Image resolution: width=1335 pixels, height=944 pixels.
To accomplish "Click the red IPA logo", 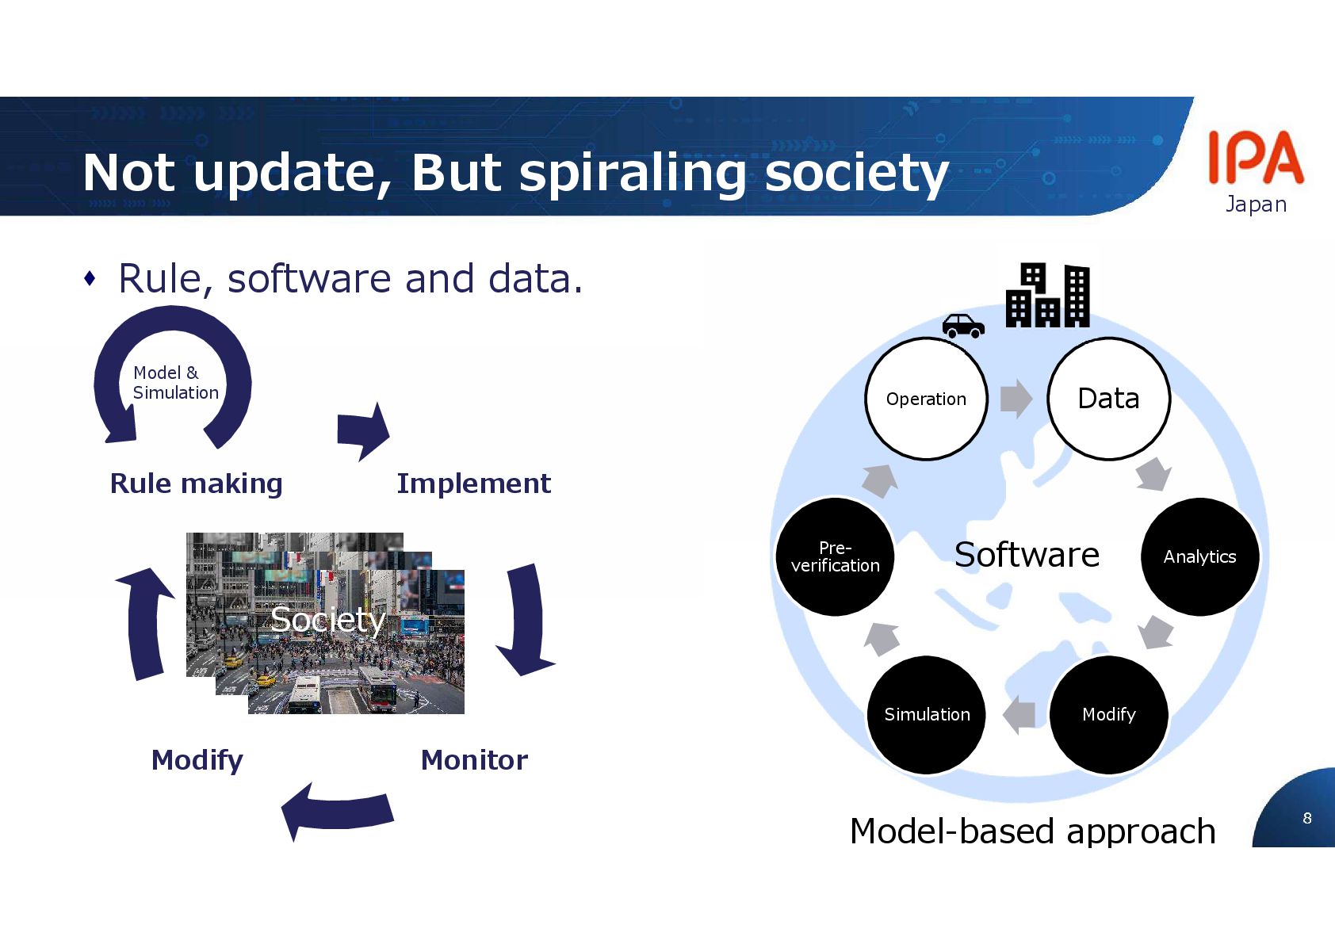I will point(1256,158).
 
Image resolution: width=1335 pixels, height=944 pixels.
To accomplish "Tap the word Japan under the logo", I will point(1256,204).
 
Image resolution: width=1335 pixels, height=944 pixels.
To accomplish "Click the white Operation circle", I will point(926,399).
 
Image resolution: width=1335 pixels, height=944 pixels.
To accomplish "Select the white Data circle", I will point(1108,399).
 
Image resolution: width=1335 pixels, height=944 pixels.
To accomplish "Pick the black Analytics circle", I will point(1199,556).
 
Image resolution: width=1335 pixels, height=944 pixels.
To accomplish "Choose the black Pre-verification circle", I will point(835,556).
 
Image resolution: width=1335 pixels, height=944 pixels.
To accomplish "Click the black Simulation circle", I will point(927,714).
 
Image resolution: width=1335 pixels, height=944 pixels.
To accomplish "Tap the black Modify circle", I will point(1108,714).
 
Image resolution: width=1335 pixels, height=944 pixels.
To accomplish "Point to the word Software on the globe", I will point(1027,555).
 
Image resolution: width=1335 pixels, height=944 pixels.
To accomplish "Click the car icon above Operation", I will point(963,325).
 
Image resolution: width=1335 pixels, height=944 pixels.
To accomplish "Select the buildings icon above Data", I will point(1047,295).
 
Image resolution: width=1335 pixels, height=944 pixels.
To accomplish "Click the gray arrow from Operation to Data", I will point(1016,398).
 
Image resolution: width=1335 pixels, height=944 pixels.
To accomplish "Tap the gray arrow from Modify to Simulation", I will point(1019,714).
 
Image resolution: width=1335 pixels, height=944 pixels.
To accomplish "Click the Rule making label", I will point(196,483).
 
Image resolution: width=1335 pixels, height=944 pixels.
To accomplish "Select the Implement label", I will point(473,483).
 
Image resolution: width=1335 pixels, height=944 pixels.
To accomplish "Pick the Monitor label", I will point(474,760).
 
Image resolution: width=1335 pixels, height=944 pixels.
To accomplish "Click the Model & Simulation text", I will point(175,383).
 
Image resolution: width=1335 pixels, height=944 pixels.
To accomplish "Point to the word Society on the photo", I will point(327,620).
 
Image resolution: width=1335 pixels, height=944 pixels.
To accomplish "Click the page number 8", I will point(1307,818).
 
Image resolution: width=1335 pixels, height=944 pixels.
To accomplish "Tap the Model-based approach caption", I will point(1032,831).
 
